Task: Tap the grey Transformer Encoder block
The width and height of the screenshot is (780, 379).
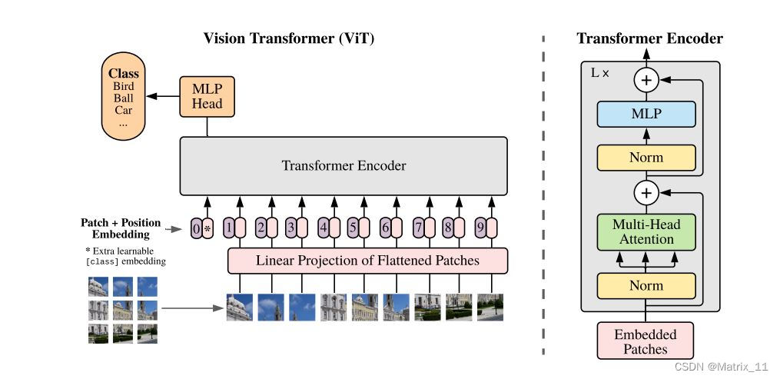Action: click(x=344, y=165)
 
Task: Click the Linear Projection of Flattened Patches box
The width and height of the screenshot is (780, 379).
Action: click(x=367, y=261)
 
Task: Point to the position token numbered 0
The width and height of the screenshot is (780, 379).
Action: click(x=196, y=228)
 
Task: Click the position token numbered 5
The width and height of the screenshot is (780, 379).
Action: click(x=353, y=228)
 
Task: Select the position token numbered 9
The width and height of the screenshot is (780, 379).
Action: click(x=480, y=228)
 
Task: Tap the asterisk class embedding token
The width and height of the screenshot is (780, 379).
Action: click(x=207, y=228)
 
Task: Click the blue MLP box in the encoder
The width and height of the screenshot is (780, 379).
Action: click(x=646, y=115)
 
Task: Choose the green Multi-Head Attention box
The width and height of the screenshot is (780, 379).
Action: click(x=646, y=232)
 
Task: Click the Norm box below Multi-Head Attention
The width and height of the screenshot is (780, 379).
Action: click(x=646, y=285)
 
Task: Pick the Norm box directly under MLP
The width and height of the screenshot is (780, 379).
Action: click(x=646, y=158)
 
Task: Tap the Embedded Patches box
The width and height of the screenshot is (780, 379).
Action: click(x=646, y=341)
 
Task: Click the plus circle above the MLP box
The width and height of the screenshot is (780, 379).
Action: click(x=646, y=79)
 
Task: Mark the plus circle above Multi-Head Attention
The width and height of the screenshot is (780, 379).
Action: click(x=646, y=192)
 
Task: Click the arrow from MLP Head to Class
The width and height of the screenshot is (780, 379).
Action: click(x=162, y=96)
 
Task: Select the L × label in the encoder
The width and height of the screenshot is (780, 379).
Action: click(x=599, y=73)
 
